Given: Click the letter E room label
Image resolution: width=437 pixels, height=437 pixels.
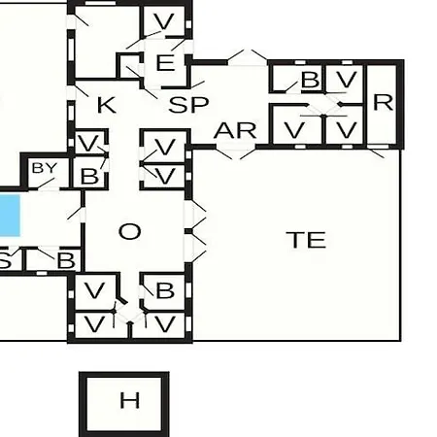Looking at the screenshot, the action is [x=165, y=63].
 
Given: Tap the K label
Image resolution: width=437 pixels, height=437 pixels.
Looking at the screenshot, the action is [x=107, y=105].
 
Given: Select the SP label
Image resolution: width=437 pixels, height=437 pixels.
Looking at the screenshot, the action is [x=188, y=105].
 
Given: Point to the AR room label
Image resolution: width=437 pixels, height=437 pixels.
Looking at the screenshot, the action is [x=235, y=131].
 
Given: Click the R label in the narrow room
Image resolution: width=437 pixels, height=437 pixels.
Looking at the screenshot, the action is [x=383, y=103].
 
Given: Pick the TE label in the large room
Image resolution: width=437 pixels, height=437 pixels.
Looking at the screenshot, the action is [x=306, y=240].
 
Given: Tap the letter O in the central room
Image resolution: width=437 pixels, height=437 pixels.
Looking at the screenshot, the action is [x=130, y=231].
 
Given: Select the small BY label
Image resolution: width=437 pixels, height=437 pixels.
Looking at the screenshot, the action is [x=45, y=168].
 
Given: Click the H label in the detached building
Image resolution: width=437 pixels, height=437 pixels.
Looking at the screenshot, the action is [x=130, y=400].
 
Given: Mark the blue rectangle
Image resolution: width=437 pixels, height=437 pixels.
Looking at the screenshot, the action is [x=10, y=216].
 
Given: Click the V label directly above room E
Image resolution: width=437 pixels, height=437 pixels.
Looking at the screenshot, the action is [x=164, y=21].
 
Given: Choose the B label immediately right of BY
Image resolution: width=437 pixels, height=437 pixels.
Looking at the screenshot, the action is [x=89, y=176].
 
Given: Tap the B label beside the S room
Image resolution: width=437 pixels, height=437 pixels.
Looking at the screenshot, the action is [x=66, y=260].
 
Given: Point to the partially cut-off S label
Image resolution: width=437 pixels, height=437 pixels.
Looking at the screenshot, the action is [x=5, y=260].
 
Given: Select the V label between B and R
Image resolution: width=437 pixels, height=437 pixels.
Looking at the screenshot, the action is [x=347, y=80].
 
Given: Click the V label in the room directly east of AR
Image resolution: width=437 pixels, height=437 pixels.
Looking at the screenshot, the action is [x=294, y=130].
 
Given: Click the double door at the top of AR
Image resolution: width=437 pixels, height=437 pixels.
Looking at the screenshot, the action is [x=248, y=57].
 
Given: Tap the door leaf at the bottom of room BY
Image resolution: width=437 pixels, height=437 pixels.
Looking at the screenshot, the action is [x=47, y=184].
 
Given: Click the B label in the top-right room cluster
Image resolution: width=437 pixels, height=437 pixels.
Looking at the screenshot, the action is [x=310, y=80].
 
